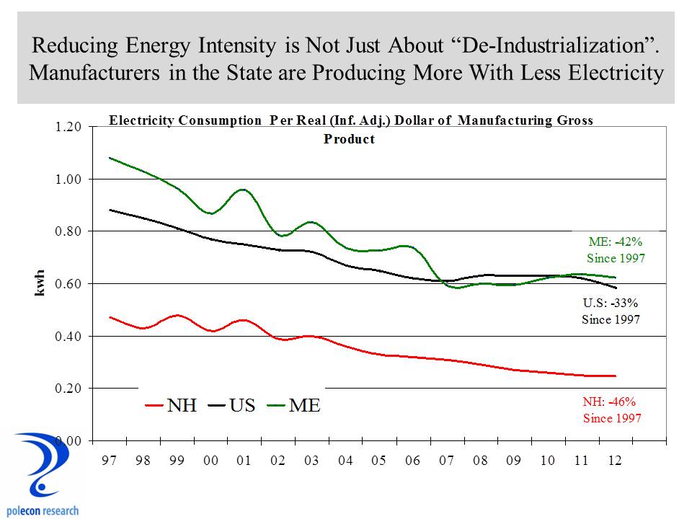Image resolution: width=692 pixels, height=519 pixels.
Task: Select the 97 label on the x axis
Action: point(109,461)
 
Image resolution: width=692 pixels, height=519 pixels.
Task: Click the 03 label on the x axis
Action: point(312,461)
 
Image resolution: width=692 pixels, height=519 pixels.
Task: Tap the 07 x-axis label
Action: point(447,461)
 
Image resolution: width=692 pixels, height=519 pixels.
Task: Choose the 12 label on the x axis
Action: point(616,461)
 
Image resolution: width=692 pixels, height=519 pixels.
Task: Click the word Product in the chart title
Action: point(349,139)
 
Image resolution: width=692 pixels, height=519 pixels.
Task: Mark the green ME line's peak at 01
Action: point(243,190)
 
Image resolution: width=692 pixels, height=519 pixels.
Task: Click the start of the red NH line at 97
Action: point(109,317)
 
